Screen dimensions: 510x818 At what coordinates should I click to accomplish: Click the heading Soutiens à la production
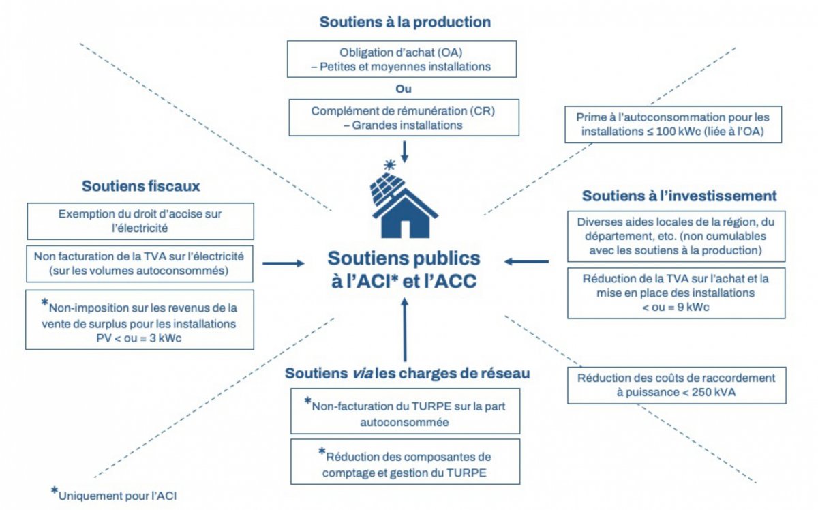tap(405, 22)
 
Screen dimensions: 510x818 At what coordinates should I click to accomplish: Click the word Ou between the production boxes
tap(404, 89)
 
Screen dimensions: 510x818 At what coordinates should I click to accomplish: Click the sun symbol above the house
tap(390, 164)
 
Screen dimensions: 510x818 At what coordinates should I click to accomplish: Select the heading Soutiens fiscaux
tap(141, 185)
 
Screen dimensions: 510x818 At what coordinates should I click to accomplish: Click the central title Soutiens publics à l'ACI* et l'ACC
tap(404, 269)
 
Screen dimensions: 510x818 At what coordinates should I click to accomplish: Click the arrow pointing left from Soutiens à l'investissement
tap(527, 261)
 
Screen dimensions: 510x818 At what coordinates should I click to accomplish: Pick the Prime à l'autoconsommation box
tap(672, 124)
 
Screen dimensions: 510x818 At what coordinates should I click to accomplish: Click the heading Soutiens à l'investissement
tap(679, 196)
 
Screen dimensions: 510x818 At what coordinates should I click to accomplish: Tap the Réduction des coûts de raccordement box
tap(676, 385)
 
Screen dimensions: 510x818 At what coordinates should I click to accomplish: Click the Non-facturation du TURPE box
tap(405, 411)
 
